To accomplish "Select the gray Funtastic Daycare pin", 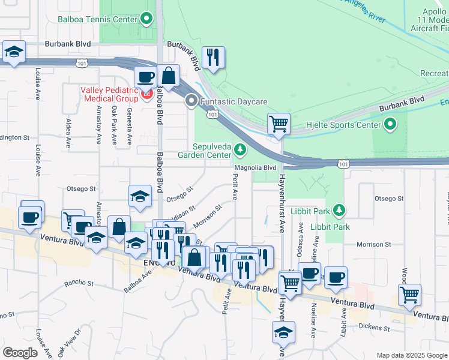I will click(x=191, y=101).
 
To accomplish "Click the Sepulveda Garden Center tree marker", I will click(x=240, y=148).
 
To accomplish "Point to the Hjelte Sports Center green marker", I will click(x=390, y=125).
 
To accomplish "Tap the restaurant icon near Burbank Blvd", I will click(x=213, y=58).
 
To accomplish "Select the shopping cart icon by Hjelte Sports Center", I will click(x=279, y=124).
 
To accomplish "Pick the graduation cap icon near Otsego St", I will click(x=140, y=196).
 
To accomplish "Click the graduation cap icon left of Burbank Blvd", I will click(x=13, y=52).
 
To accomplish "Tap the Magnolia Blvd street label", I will click(x=255, y=168).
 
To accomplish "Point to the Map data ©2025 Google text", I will click(x=411, y=355).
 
